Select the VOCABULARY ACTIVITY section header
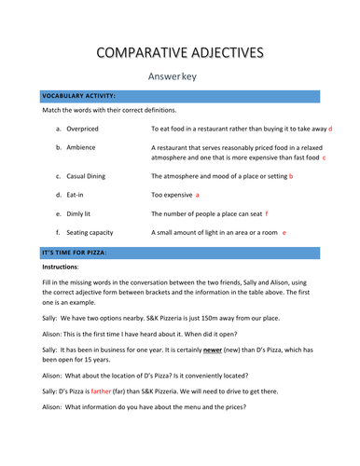[78, 96]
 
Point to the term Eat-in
[79, 195]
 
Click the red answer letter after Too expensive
[198, 195]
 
